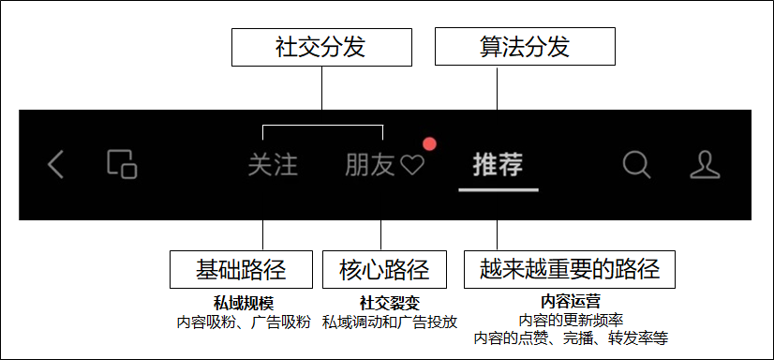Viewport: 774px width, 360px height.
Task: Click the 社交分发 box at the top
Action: [321, 46]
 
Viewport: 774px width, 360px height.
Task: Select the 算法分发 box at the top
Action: [526, 46]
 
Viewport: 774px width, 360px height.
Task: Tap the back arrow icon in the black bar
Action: [56, 165]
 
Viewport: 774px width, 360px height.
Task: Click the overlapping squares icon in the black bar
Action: [122, 164]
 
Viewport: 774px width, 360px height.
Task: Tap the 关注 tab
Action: [273, 165]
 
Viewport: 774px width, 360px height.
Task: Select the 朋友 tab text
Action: [370, 165]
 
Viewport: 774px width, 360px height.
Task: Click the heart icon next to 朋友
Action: [412, 166]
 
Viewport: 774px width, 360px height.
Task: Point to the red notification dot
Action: [430, 144]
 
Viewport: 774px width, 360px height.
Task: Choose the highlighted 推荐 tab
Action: [498, 164]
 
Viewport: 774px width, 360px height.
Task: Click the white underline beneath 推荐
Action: [498, 188]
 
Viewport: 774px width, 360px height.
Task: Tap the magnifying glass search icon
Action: [636, 164]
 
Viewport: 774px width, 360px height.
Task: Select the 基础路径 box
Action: [242, 271]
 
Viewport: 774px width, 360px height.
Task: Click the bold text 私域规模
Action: [242, 303]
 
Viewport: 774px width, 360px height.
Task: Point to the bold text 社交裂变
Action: [386, 303]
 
